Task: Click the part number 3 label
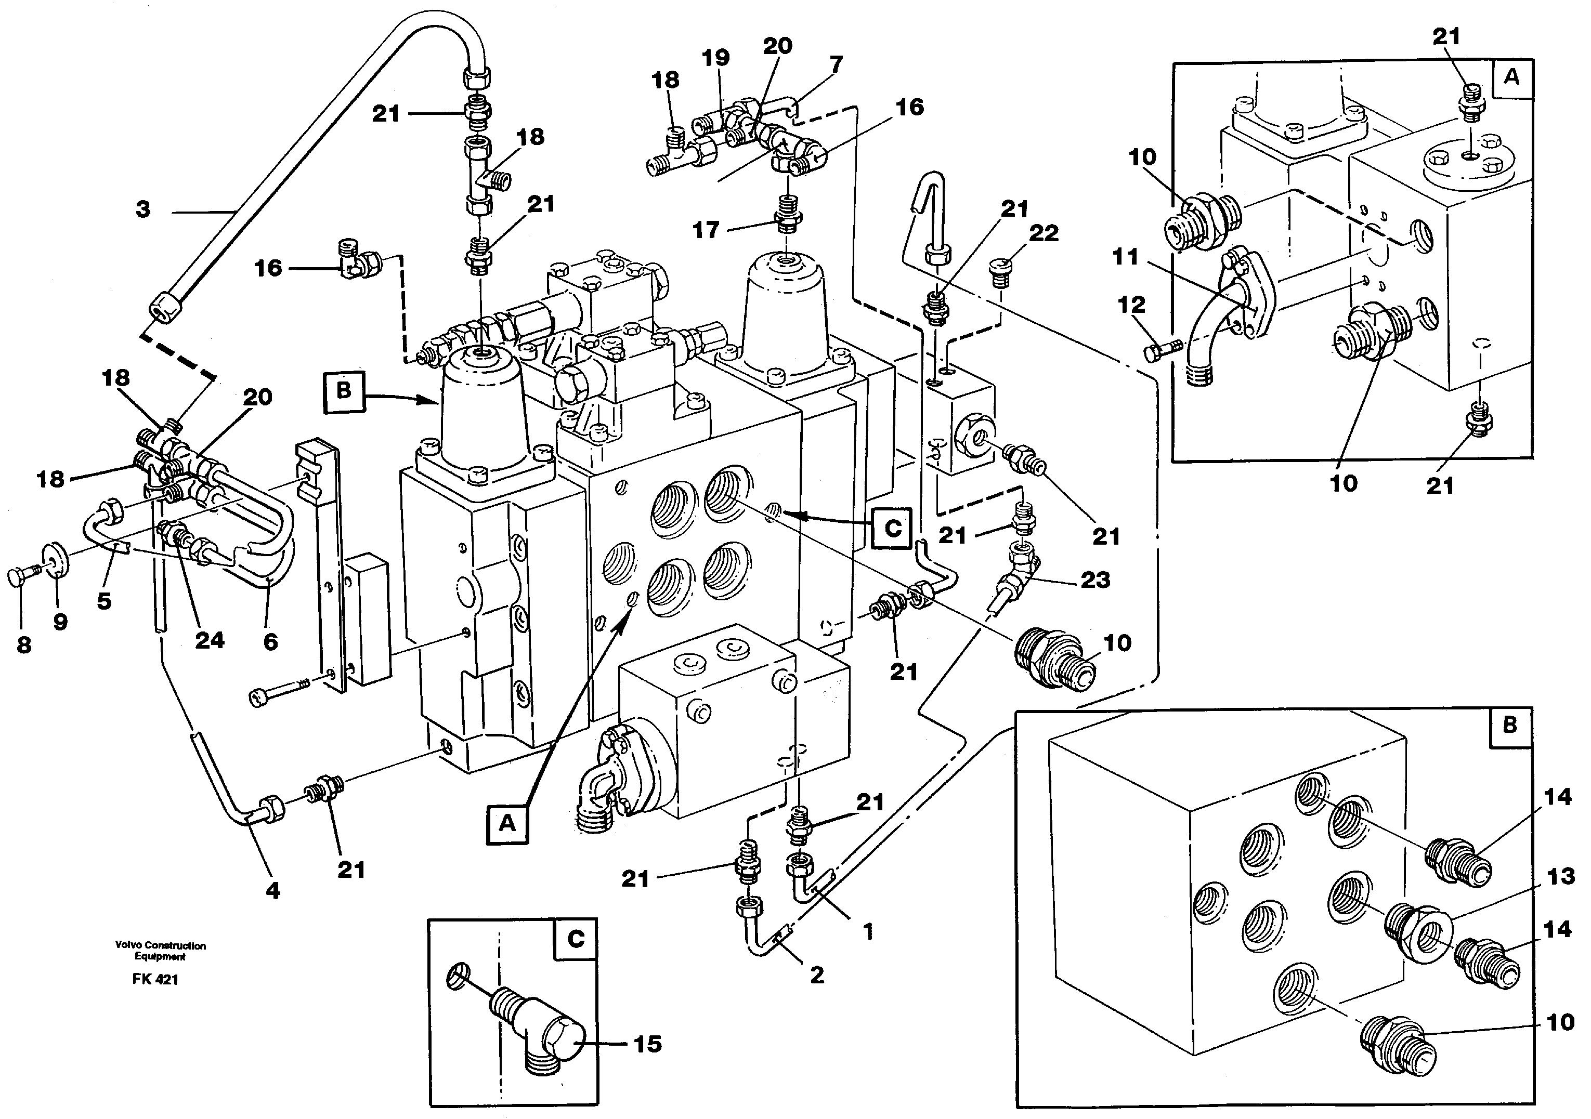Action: [x=143, y=209]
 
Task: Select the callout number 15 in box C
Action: [x=647, y=1044]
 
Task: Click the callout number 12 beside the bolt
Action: [x=1131, y=305]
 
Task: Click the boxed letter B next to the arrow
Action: [x=344, y=391]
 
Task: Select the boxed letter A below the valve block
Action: [x=507, y=823]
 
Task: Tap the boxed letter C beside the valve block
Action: [x=893, y=529]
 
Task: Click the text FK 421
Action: [x=155, y=980]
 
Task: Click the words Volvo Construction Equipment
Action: [x=160, y=951]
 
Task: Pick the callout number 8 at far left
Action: [x=23, y=646]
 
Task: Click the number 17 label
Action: [x=706, y=230]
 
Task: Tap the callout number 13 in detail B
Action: [x=1560, y=877]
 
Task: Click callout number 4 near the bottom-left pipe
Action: [x=273, y=891]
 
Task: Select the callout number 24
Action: [x=209, y=640]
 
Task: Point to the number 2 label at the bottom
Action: [x=817, y=976]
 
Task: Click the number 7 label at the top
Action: [x=836, y=64]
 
